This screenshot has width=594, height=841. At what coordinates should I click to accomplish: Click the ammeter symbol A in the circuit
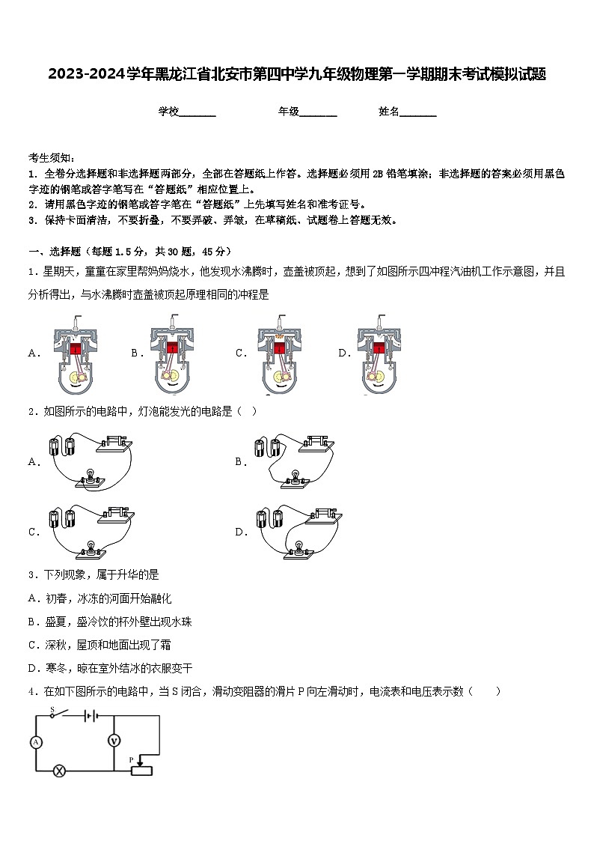click(x=35, y=741)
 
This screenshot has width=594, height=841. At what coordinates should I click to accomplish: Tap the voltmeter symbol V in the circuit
click(x=114, y=740)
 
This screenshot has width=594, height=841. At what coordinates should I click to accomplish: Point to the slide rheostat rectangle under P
click(x=141, y=771)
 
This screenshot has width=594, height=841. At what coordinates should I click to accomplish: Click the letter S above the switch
click(x=52, y=708)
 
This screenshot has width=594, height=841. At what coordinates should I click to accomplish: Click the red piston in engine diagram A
click(x=75, y=347)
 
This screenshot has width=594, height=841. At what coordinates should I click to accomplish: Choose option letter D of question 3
click(x=33, y=668)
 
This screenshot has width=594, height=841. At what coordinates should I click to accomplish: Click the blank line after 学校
click(x=198, y=112)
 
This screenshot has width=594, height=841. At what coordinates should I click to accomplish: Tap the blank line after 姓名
click(x=418, y=112)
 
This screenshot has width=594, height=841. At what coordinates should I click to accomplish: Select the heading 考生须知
click(x=51, y=157)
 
